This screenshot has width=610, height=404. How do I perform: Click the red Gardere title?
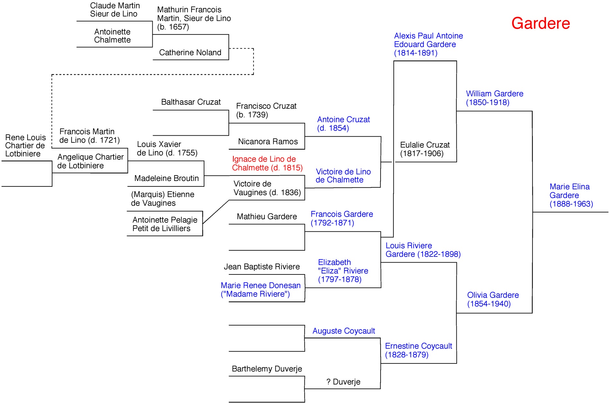point(541,23)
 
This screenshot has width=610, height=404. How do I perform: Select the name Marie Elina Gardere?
point(571,195)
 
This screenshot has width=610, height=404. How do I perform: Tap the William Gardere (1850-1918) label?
point(494,98)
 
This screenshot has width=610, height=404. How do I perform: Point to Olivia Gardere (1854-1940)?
point(493,299)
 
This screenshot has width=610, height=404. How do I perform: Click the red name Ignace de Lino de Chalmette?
point(267,163)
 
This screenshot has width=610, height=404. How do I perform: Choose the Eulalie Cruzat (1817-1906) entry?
point(425,149)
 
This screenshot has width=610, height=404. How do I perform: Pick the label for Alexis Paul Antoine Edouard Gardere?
point(428,44)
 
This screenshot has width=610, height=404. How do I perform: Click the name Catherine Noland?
point(190,52)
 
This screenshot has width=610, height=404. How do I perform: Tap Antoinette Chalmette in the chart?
point(112,36)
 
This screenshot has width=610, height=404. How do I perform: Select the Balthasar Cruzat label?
point(191,102)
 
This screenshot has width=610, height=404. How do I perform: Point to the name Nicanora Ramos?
point(268,141)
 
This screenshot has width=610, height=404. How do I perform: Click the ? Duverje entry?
point(343,382)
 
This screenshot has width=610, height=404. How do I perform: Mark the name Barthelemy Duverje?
point(267,369)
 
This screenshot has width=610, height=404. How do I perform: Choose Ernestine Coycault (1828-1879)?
point(418,350)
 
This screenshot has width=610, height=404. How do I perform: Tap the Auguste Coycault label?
point(344,331)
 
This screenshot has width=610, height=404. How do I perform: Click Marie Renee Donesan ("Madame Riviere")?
point(260,290)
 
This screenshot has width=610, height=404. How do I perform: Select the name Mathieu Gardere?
point(267,216)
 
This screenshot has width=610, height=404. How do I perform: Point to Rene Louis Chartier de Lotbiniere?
point(25,146)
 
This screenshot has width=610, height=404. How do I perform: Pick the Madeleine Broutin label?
point(166,178)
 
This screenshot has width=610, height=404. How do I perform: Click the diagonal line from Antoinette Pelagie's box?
point(216,212)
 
